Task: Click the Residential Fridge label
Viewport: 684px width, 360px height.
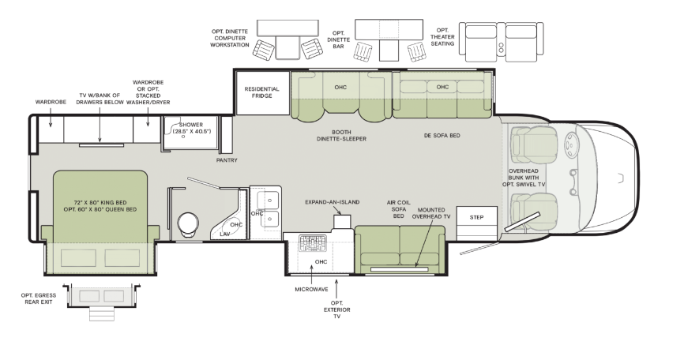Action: point(262,92)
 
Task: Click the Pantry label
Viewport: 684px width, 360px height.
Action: point(227,160)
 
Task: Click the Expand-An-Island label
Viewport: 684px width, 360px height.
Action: point(332,202)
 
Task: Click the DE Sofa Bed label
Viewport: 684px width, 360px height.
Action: point(442,136)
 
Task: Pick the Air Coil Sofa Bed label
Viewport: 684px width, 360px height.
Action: point(399,209)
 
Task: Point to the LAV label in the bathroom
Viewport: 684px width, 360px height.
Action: point(224,234)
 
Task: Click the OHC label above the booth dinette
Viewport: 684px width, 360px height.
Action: point(340,87)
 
